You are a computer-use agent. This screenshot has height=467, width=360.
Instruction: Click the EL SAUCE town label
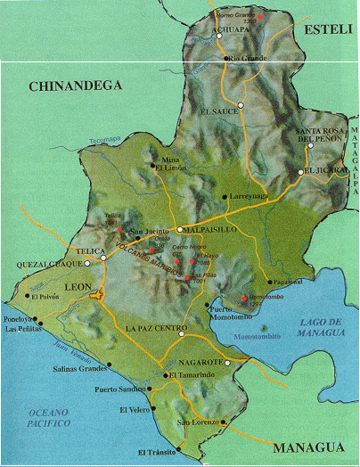(220, 112)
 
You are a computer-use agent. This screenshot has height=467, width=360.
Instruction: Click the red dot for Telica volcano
(119, 229)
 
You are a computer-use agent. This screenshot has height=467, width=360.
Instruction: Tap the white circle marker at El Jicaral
(301, 173)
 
